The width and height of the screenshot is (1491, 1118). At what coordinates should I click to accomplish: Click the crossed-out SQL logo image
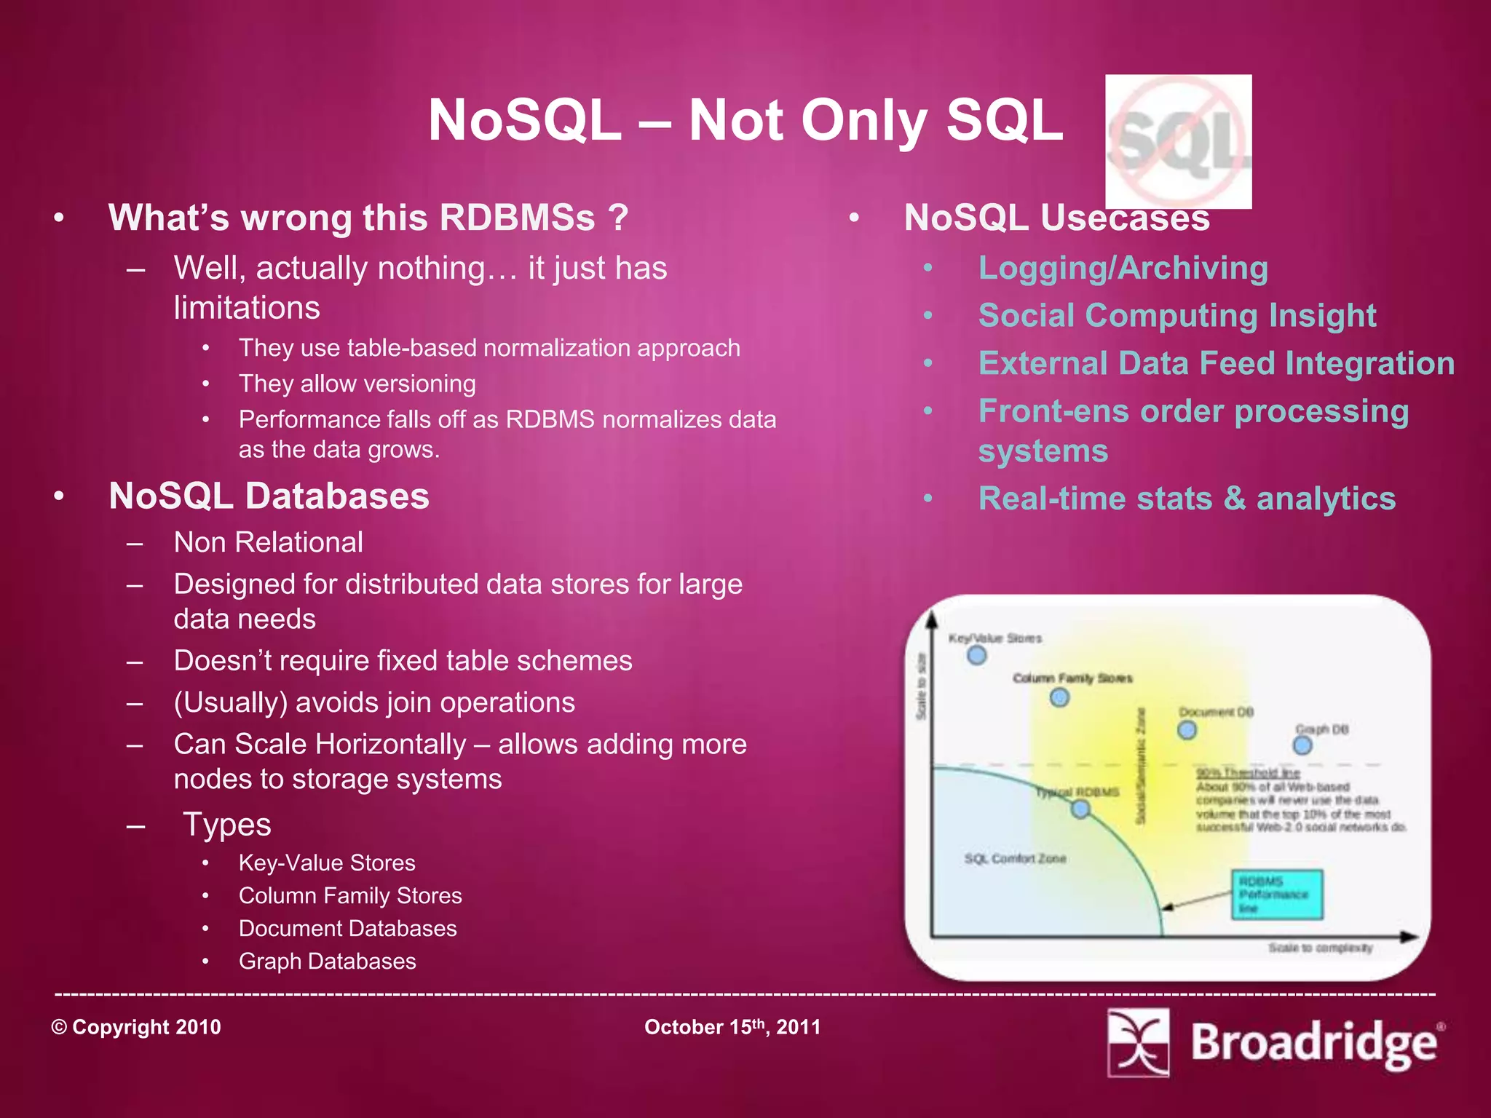pyautogui.click(x=1178, y=141)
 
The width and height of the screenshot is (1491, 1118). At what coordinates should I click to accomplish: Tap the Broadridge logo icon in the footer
pyautogui.click(x=1138, y=1042)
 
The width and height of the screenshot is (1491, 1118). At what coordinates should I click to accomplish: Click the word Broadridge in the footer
pyautogui.click(x=1314, y=1043)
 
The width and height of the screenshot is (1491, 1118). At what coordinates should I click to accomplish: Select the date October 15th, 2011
pyautogui.click(x=732, y=1027)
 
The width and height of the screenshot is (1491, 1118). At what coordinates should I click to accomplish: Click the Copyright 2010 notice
pyautogui.click(x=136, y=1027)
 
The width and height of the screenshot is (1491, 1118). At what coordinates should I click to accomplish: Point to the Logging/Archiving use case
pyautogui.click(x=1123, y=268)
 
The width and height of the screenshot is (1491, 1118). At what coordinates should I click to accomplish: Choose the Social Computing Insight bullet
pyautogui.click(x=1176, y=315)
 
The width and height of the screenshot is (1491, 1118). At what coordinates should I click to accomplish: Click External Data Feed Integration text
pyautogui.click(x=1216, y=363)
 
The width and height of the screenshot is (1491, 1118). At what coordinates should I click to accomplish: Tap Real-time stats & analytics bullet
pyautogui.click(x=1187, y=499)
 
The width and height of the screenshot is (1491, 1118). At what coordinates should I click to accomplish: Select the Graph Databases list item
pyautogui.click(x=327, y=961)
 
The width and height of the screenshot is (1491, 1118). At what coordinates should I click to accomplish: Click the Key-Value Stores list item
pyautogui.click(x=327, y=863)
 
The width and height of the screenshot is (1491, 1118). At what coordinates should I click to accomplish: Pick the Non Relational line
pyautogui.click(x=268, y=542)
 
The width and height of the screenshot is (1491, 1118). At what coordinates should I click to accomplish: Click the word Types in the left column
pyautogui.click(x=226, y=825)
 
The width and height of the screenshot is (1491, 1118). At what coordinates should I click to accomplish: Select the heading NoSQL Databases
pyautogui.click(x=269, y=496)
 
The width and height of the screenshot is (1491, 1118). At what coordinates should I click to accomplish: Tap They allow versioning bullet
pyautogui.click(x=357, y=384)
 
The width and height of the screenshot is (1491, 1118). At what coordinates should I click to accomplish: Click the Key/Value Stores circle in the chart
pyautogui.click(x=976, y=655)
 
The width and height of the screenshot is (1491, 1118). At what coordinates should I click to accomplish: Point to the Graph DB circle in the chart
pyautogui.click(x=1302, y=745)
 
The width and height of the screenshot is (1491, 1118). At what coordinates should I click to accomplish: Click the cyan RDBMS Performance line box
pyautogui.click(x=1276, y=895)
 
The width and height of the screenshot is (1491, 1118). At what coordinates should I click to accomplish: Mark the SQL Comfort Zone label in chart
pyautogui.click(x=1015, y=859)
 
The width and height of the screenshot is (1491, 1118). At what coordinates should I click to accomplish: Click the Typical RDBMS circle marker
pyautogui.click(x=1080, y=809)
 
